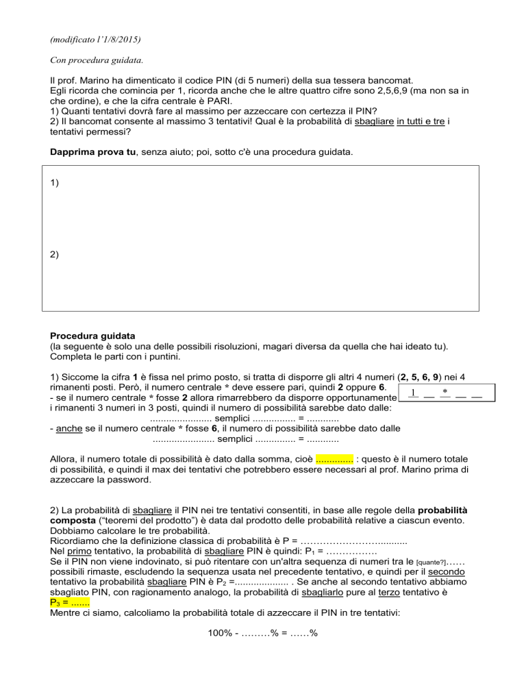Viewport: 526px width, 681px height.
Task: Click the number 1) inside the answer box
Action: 55,184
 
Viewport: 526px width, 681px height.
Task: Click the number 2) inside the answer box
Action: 55,254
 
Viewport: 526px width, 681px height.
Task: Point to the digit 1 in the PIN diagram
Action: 409,393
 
